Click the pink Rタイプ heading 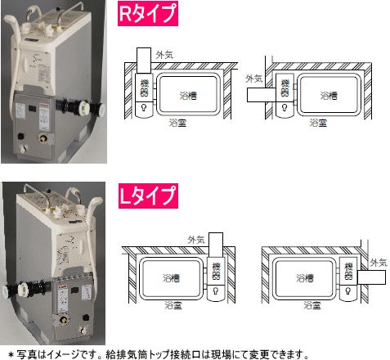click(x=148, y=13)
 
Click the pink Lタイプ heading click(x=148, y=196)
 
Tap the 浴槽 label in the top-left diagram click(x=188, y=96)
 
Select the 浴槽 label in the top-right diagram click(x=329, y=96)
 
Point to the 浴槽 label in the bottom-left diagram click(x=172, y=278)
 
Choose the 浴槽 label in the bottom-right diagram click(x=305, y=278)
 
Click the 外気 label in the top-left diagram click(x=164, y=55)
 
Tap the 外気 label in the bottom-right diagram click(x=379, y=263)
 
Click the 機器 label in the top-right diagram click(x=285, y=88)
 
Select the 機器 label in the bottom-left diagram click(x=216, y=271)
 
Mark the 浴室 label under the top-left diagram click(x=177, y=123)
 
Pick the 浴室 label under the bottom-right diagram click(x=312, y=305)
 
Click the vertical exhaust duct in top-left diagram click(x=144, y=61)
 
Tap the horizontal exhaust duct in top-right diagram click(x=262, y=95)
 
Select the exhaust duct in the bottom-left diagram click(x=216, y=245)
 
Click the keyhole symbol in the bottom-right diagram click(x=348, y=291)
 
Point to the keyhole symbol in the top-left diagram click(x=144, y=107)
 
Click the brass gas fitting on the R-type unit click(x=43, y=138)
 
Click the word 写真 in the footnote click(x=26, y=354)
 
